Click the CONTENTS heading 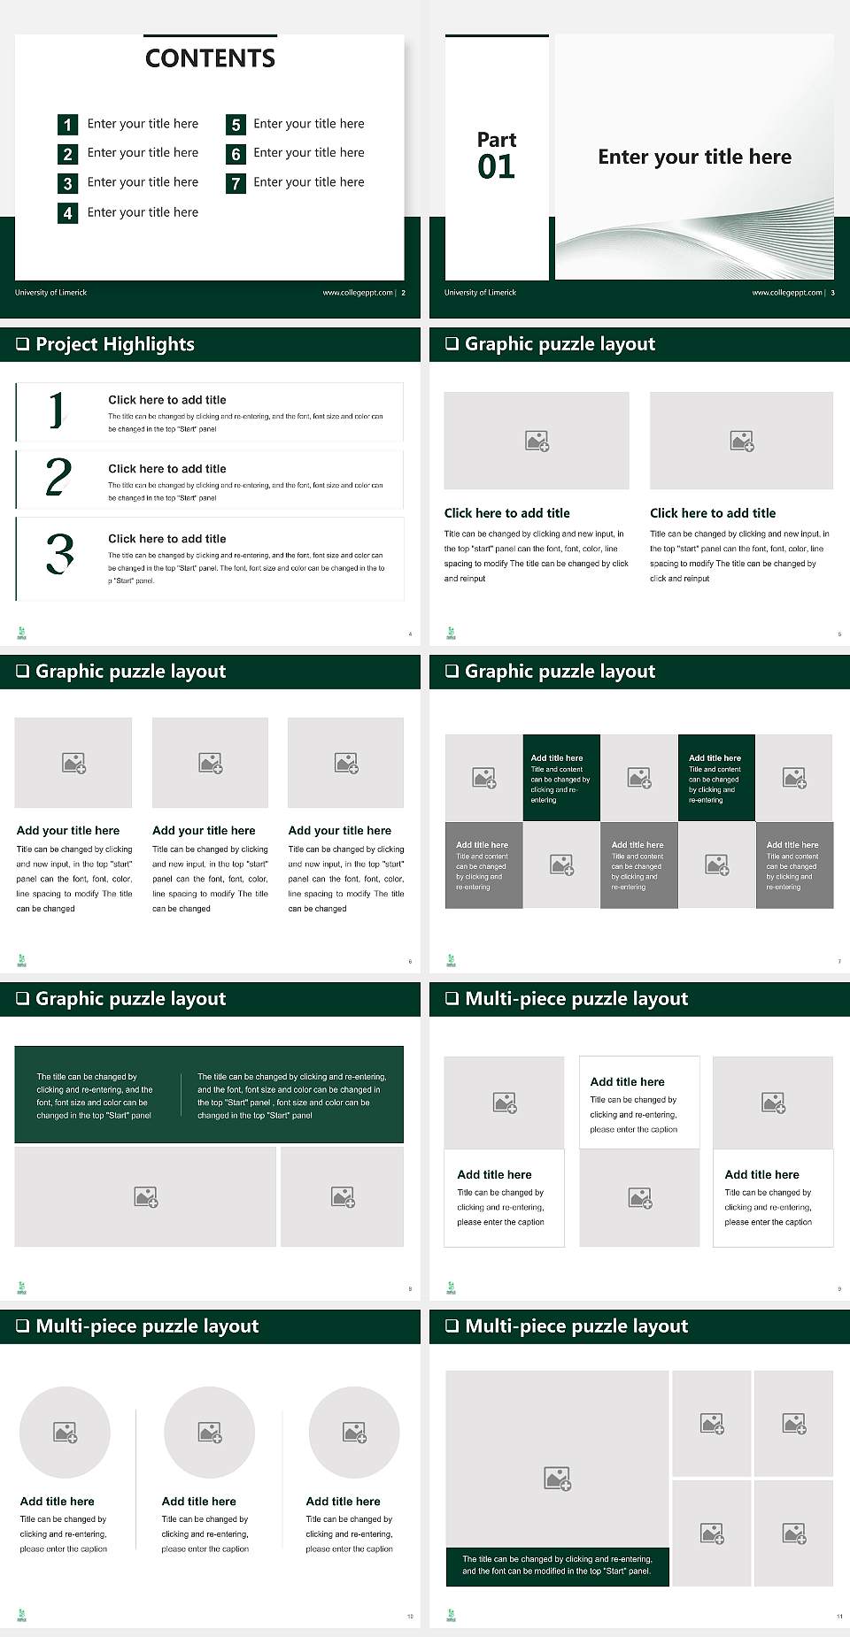[x=210, y=58]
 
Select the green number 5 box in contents [x=236, y=125]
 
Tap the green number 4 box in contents [x=67, y=213]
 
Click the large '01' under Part [x=496, y=167]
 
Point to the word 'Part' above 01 [x=496, y=140]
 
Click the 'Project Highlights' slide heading [x=115, y=344]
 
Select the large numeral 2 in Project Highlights [x=58, y=477]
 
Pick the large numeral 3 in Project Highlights [x=59, y=555]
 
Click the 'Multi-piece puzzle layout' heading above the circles [x=147, y=1326]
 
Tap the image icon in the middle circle [x=210, y=1432]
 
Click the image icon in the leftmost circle [x=66, y=1432]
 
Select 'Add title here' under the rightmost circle [x=343, y=1502]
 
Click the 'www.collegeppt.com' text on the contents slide [x=357, y=293]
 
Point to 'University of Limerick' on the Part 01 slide [x=480, y=293]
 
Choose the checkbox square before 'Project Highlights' [x=23, y=344]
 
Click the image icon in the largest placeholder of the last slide [x=557, y=1478]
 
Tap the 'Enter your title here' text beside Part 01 [x=694, y=158]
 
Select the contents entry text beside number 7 [x=308, y=182]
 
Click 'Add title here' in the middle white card [x=627, y=1082]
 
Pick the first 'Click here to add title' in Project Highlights [x=166, y=400]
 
